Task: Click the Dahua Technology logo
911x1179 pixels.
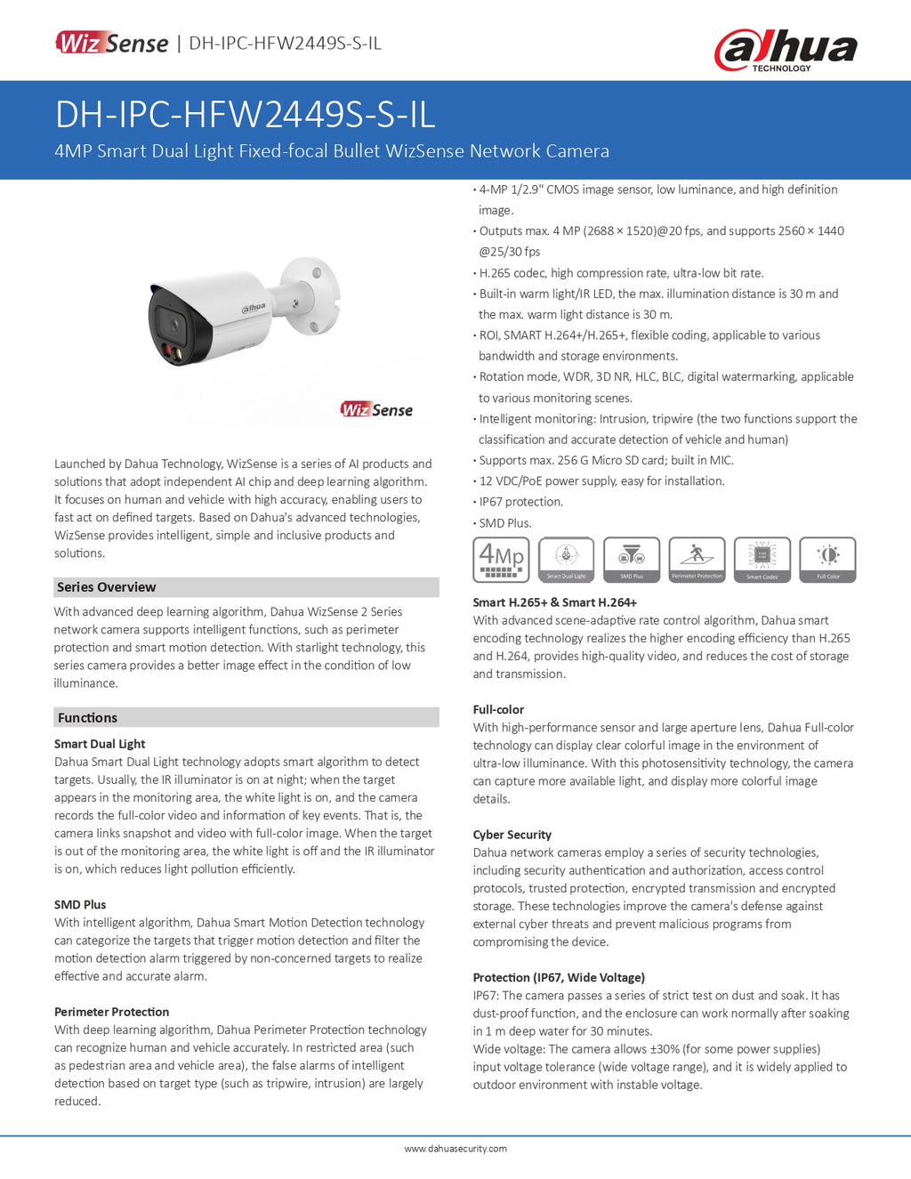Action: pos(786,50)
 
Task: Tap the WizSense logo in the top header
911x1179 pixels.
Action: pos(112,43)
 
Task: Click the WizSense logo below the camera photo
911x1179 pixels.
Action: pos(376,409)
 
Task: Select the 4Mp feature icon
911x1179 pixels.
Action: pos(501,560)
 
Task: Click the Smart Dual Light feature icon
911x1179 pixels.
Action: pos(566,560)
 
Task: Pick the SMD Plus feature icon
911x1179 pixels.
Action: pos(632,560)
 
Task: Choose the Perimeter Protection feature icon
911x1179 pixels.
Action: pos(697,560)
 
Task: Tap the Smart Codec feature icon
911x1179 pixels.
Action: pos(762,560)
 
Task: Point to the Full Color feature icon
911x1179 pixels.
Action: pos(827,560)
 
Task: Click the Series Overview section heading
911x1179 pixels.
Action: pos(107,587)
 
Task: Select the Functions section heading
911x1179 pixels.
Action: pos(87,718)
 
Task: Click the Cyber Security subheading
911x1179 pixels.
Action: pos(512,835)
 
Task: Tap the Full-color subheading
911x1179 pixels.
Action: pos(498,709)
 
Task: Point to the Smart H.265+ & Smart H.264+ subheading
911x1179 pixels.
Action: pos(554,602)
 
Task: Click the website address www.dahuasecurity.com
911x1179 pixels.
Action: pos(455,1149)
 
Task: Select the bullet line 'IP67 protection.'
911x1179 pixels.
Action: pos(520,502)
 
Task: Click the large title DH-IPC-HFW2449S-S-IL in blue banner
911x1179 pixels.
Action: pos(245,115)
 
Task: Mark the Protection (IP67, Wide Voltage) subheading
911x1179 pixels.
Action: pos(559,977)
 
